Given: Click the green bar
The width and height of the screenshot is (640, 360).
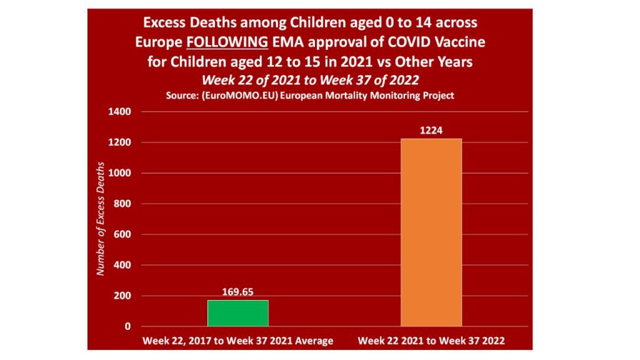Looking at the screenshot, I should (237, 313).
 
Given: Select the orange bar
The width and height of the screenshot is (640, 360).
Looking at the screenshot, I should (431, 232).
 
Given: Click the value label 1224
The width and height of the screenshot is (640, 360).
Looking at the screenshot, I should (431, 130).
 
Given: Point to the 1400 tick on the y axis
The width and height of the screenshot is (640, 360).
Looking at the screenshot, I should (120, 112).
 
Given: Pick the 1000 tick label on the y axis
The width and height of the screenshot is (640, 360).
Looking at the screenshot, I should (120, 173).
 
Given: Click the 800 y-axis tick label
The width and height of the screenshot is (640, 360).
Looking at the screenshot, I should (122, 204).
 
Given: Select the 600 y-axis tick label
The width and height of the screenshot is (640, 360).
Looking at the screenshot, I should (122, 234).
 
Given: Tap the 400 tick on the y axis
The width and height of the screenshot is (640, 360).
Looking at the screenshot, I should (122, 265).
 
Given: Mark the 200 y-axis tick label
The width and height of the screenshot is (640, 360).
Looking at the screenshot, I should (122, 296).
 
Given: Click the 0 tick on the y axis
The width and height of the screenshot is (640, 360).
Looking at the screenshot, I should (127, 326).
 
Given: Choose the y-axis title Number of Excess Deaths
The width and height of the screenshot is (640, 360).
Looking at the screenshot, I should (99, 219).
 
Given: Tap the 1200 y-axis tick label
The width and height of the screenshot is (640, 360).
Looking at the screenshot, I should (120, 142).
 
